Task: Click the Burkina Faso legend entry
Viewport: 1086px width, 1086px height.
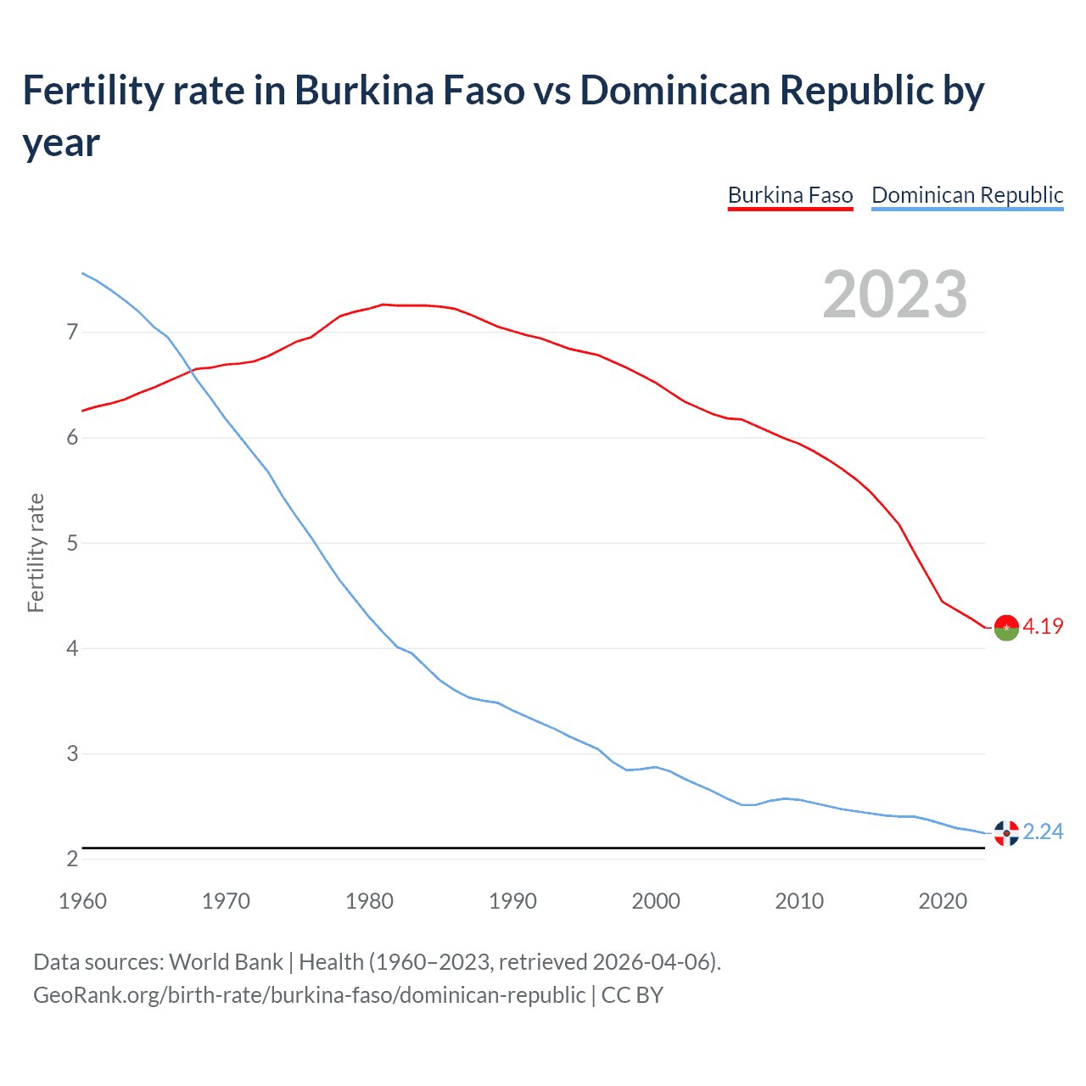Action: pos(790,195)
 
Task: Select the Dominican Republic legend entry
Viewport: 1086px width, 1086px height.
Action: pos(967,195)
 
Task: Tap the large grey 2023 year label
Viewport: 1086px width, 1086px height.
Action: pos(894,294)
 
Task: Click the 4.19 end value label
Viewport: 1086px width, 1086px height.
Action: pos(1043,627)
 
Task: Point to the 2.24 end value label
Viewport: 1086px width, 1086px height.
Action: pos(1043,832)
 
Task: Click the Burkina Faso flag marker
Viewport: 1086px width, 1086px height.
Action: pos(1006,628)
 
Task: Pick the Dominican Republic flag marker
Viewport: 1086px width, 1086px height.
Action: pos(1006,833)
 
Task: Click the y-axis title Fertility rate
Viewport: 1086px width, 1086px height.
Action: pos(36,552)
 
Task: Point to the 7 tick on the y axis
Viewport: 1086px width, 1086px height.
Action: pos(72,332)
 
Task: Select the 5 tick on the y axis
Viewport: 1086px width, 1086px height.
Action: pos(72,543)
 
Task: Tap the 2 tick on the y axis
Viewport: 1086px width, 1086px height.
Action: pos(72,859)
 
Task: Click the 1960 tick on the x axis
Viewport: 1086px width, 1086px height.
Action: pos(82,901)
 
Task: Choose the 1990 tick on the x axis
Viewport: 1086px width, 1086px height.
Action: pos(512,901)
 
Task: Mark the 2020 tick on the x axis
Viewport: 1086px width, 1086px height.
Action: pos(943,901)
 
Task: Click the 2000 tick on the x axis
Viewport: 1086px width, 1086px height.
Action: pos(656,901)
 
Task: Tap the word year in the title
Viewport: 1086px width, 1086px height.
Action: pos(61,143)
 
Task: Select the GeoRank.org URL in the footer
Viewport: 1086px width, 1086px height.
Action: pos(309,994)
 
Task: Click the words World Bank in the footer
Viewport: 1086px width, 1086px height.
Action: pos(226,962)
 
